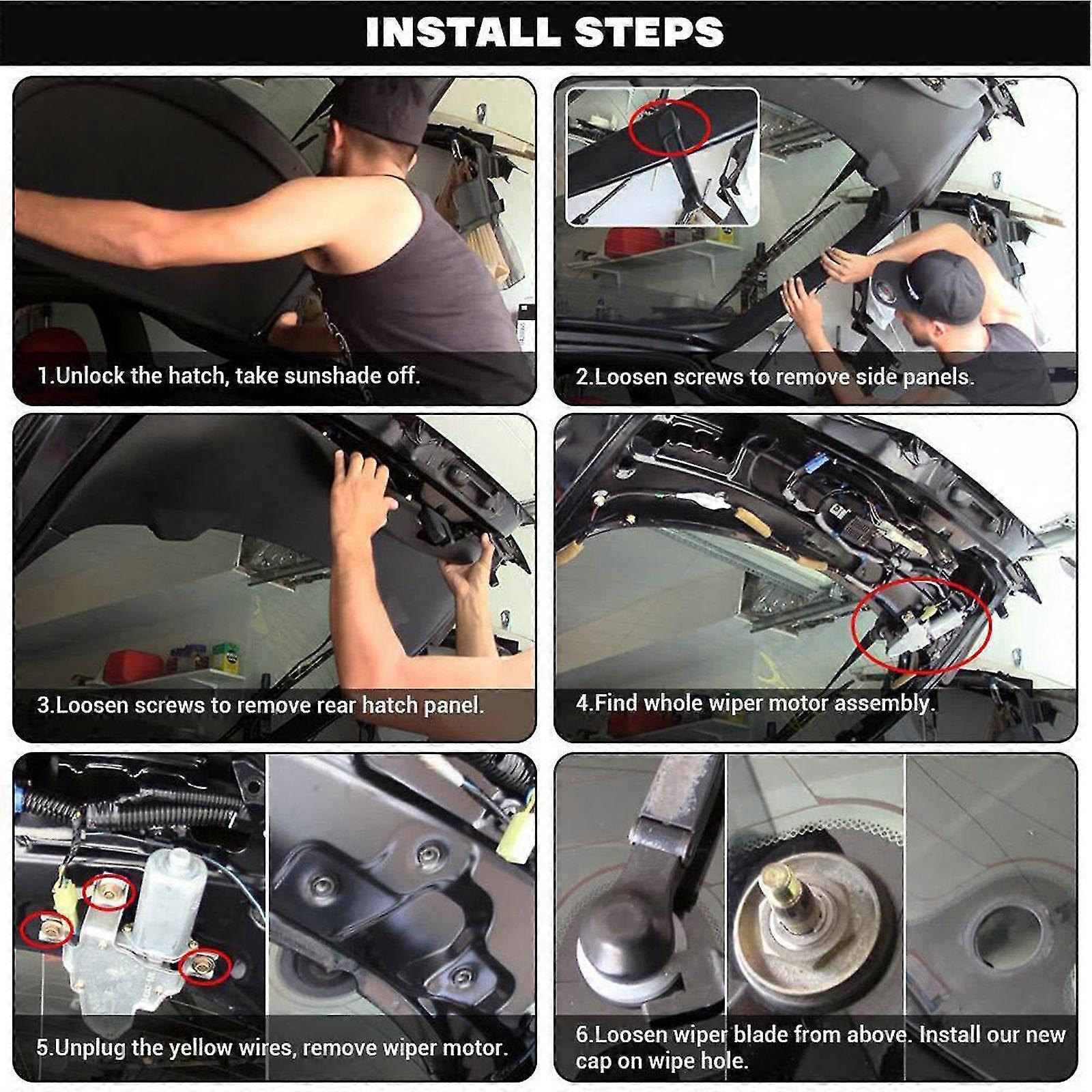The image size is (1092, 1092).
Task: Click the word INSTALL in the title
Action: click(465, 33)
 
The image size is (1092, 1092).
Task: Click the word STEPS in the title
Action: click(649, 33)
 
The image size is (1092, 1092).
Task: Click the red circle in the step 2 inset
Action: click(669, 128)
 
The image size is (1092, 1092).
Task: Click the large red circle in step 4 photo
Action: click(921, 626)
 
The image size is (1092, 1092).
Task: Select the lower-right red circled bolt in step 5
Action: click(203, 966)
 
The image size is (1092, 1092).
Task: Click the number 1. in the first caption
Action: click(44, 375)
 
